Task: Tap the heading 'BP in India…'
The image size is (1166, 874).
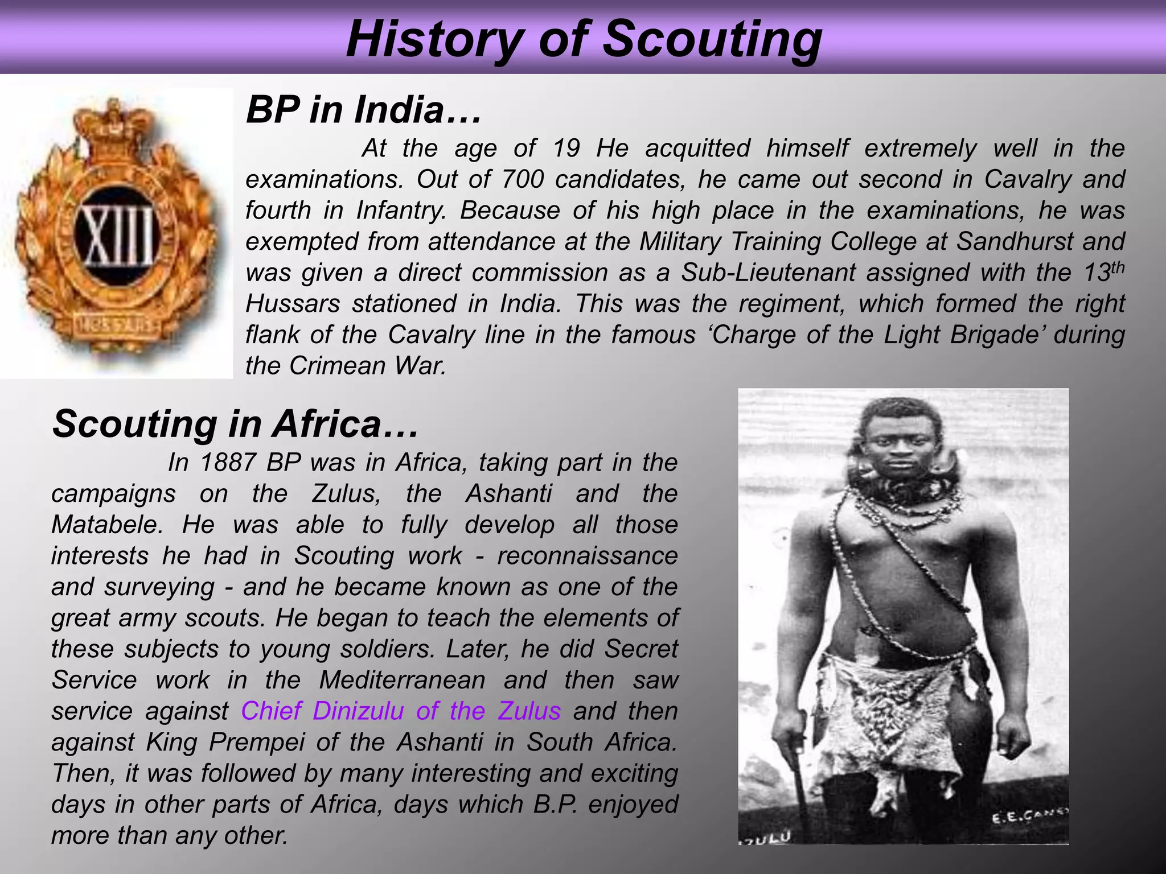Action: point(363,110)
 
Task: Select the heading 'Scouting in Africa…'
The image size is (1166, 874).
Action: point(235,424)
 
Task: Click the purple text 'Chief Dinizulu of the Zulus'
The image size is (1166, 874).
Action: point(401,711)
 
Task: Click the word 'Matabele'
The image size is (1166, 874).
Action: point(104,525)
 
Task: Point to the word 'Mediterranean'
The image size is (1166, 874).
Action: point(402,681)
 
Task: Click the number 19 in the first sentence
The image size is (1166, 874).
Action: point(566,149)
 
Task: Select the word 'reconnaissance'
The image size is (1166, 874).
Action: point(587,556)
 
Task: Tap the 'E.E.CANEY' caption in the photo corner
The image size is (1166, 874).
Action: point(1029,818)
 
